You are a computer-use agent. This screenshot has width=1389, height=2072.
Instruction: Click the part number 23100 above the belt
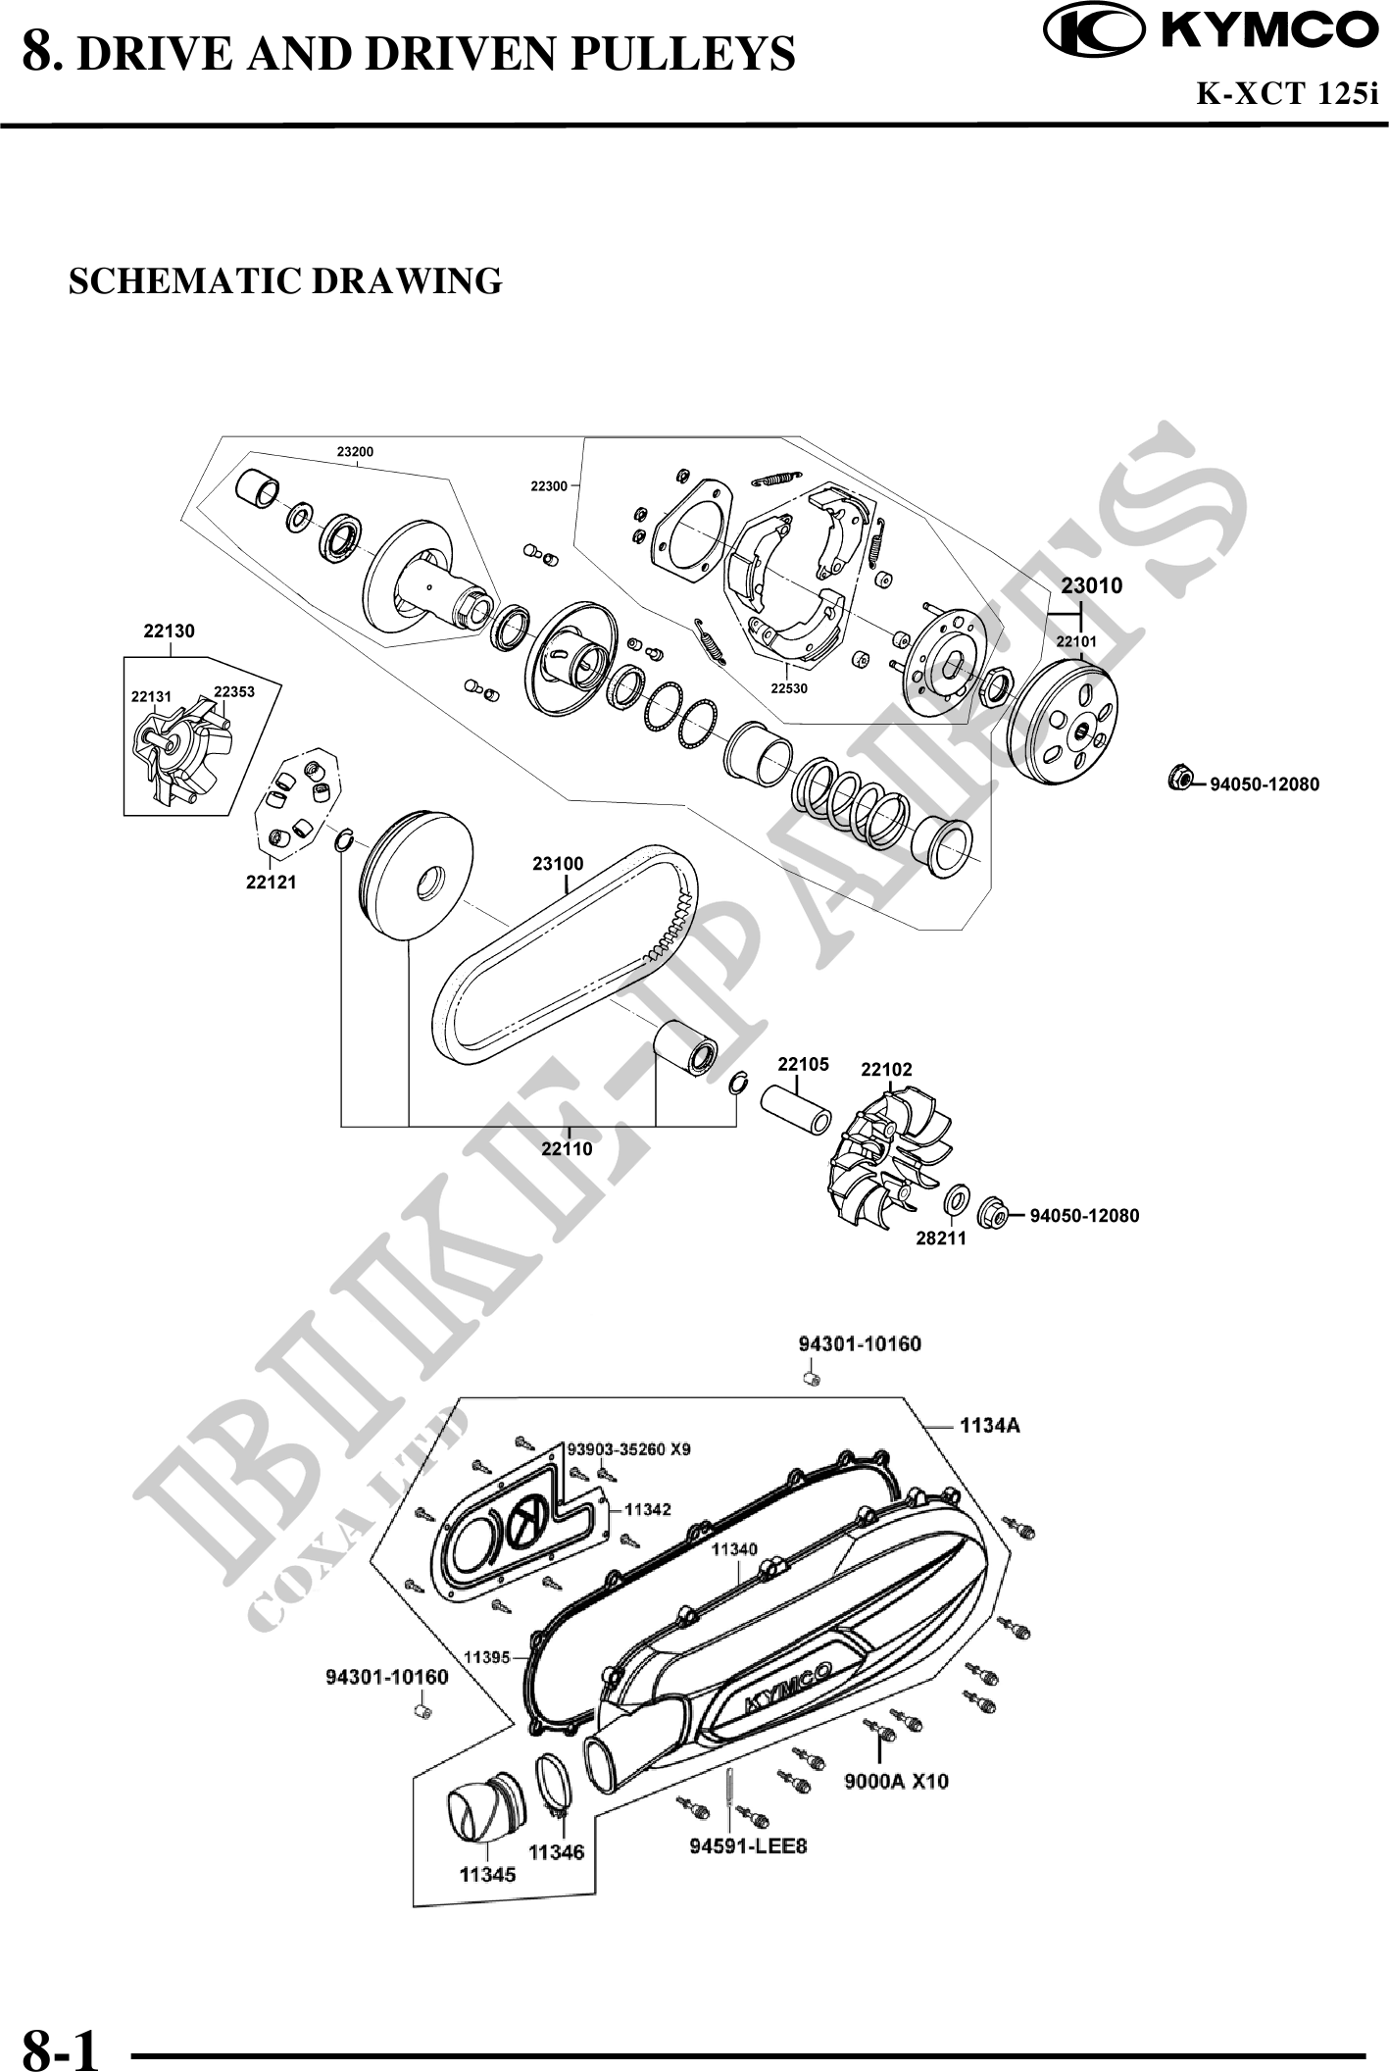(558, 864)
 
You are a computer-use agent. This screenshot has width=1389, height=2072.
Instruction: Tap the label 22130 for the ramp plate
(169, 632)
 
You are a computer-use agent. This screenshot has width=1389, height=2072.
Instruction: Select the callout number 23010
(1091, 586)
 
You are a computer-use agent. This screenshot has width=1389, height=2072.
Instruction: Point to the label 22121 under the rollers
(271, 883)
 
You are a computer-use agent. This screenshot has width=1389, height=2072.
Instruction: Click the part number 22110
(567, 1148)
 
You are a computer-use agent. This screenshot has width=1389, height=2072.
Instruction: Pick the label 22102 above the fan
(886, 1070)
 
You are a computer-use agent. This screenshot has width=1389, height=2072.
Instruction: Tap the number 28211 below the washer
(940, 1238)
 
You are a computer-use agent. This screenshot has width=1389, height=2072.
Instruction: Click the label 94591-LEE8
(749, 1846)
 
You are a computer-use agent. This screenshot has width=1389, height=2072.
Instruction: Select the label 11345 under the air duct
(487, 1874)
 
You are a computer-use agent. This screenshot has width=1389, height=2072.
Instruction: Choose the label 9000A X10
(897, 1781)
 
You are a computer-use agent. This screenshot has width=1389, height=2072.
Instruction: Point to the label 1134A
(989, 1426)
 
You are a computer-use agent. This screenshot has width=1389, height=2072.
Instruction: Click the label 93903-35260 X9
(629, 1449)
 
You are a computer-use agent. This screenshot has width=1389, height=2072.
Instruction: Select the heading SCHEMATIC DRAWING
(285, 281)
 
